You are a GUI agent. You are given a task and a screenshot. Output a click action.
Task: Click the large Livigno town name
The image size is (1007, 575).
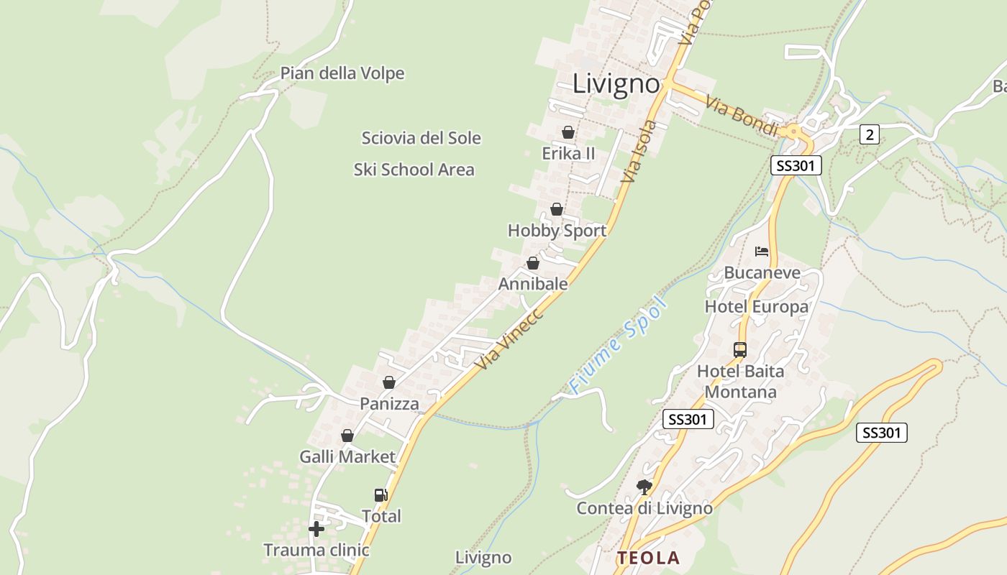(616, 84)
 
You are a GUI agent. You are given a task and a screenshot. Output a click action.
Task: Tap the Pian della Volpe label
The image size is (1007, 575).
(342, 73)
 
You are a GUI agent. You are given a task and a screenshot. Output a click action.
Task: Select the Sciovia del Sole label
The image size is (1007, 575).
(421, 138)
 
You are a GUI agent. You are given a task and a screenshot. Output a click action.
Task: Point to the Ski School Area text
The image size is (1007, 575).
(414, 170)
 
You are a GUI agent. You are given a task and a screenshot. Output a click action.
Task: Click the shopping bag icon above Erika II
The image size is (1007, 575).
(568, 132)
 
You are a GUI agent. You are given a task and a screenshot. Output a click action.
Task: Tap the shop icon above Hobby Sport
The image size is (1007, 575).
(557, 209)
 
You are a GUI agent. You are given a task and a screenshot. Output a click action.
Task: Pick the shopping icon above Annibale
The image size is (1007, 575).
(533, 263)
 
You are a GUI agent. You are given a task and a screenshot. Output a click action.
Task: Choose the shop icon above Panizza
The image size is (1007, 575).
(389, 382)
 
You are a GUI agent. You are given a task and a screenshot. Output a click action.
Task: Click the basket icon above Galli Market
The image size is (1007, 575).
(347, 436)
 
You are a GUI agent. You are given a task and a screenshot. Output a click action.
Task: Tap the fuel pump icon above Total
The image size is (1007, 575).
(381, 494)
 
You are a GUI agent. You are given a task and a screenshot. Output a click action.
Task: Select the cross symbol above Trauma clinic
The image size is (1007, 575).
(316, 530)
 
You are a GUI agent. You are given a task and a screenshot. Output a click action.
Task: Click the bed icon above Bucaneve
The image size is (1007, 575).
(762, 252)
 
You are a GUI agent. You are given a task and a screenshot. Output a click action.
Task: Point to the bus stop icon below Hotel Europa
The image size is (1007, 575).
(740, 350)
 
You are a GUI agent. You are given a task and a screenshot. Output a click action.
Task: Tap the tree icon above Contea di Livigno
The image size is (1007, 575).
(644, 487)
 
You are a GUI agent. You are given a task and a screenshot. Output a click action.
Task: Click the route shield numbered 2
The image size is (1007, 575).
(870, 134)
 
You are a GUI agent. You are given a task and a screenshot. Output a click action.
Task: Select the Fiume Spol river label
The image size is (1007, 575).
(619, 345)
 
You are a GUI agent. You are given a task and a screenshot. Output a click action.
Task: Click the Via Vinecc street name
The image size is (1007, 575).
(509, 340)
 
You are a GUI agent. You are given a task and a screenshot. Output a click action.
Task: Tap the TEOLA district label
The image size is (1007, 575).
(648, 558)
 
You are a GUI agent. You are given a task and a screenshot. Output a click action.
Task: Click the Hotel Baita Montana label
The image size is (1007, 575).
(740, 382)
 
